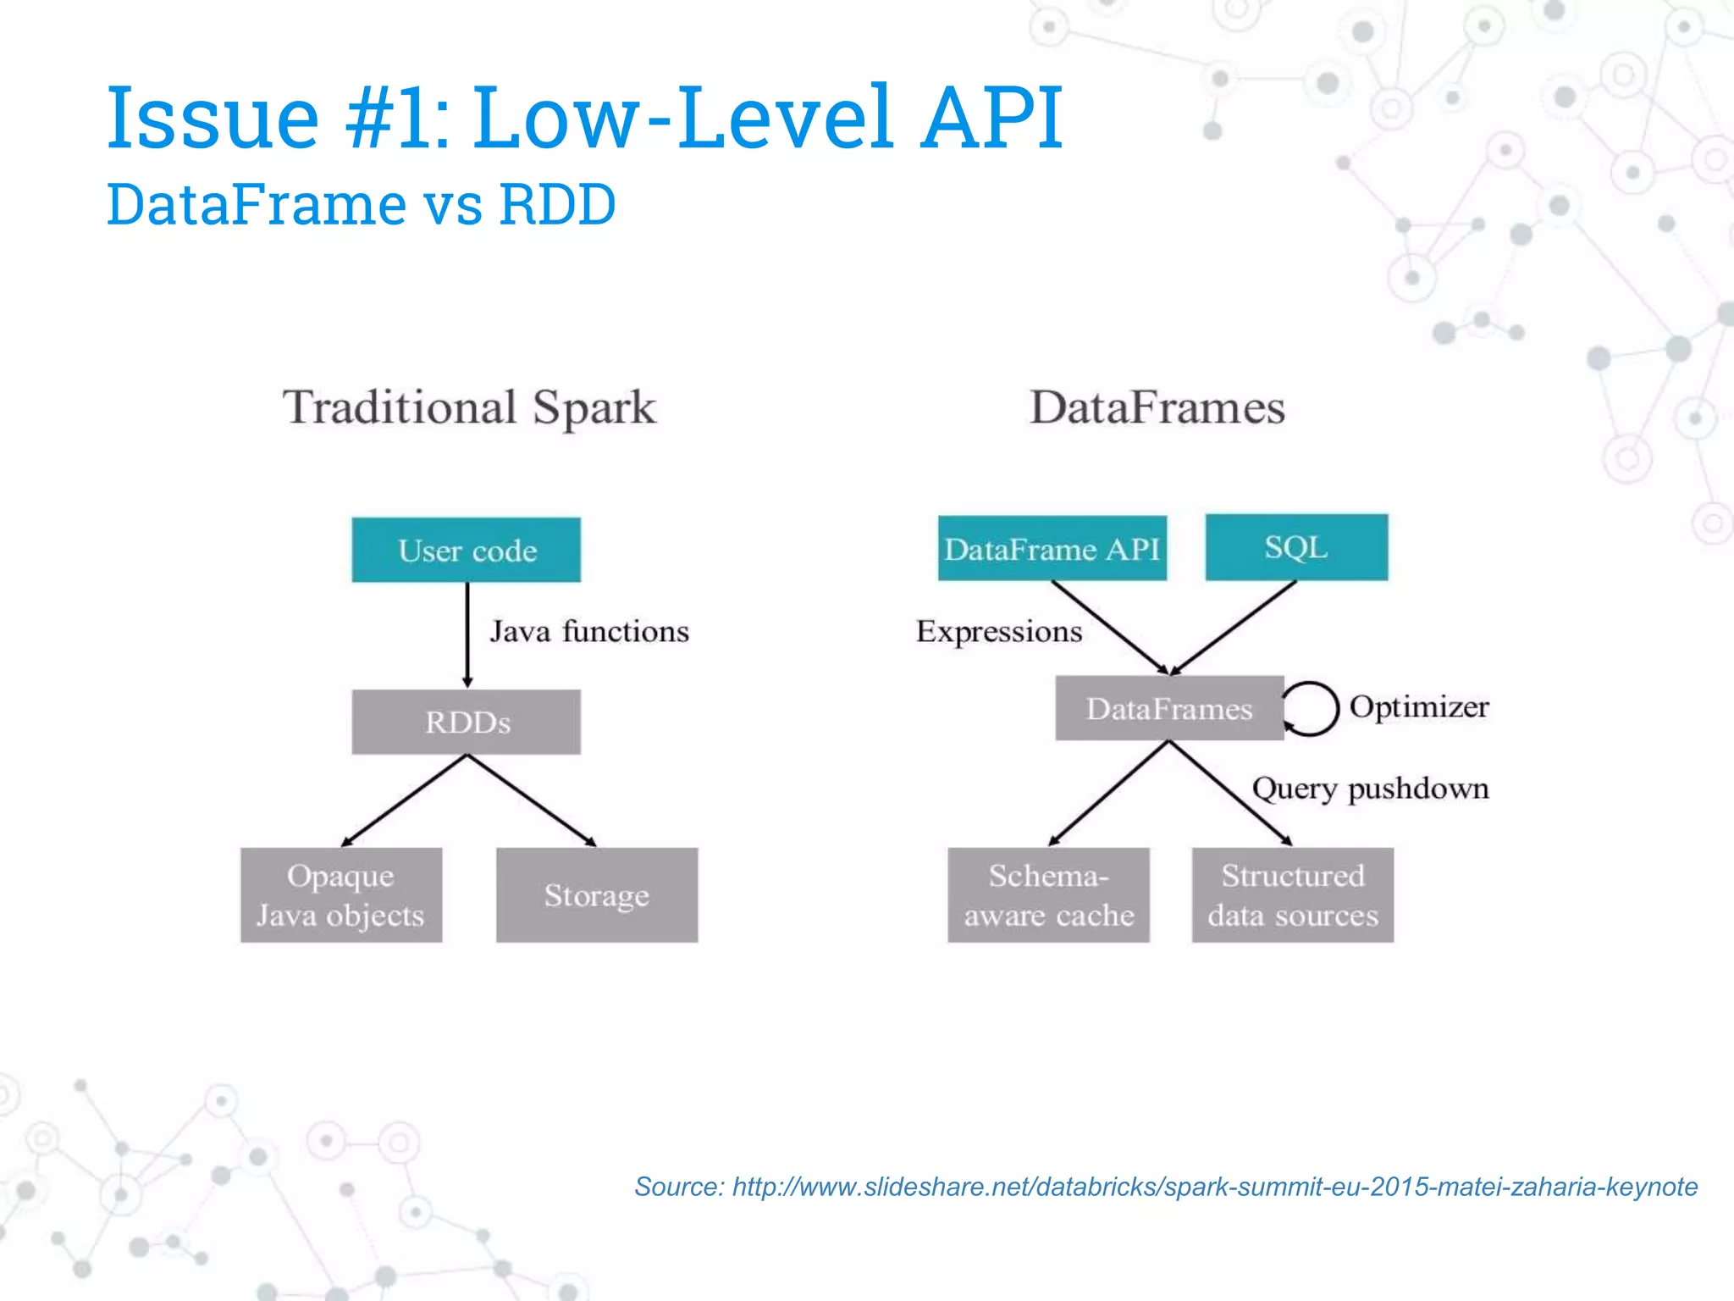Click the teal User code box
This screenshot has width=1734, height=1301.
tap(467, 550)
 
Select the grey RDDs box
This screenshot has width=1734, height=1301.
tap(467, 722)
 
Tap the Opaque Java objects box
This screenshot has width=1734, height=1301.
tap(341, 894)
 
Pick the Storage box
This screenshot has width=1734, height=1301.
tap(597, 894)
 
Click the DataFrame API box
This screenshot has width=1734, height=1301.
tap(1052, 549)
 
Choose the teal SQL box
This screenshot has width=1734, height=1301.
tap(1296, 547)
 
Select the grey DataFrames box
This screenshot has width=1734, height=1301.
tap(1169, 708)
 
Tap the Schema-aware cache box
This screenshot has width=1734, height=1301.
tap(1048, 894)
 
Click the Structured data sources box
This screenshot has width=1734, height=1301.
tap(1292, 894)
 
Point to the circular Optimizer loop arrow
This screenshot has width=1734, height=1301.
tap(1313, 708)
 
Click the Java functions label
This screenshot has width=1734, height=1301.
tap(589, 632)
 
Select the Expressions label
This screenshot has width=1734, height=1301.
tap(999, 632)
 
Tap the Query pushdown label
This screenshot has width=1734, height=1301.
tap(1370, 789)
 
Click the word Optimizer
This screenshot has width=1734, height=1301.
tap(1419, 707)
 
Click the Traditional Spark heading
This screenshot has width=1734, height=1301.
tap(469, 408)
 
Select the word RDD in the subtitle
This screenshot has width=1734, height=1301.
tap(557, 205)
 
